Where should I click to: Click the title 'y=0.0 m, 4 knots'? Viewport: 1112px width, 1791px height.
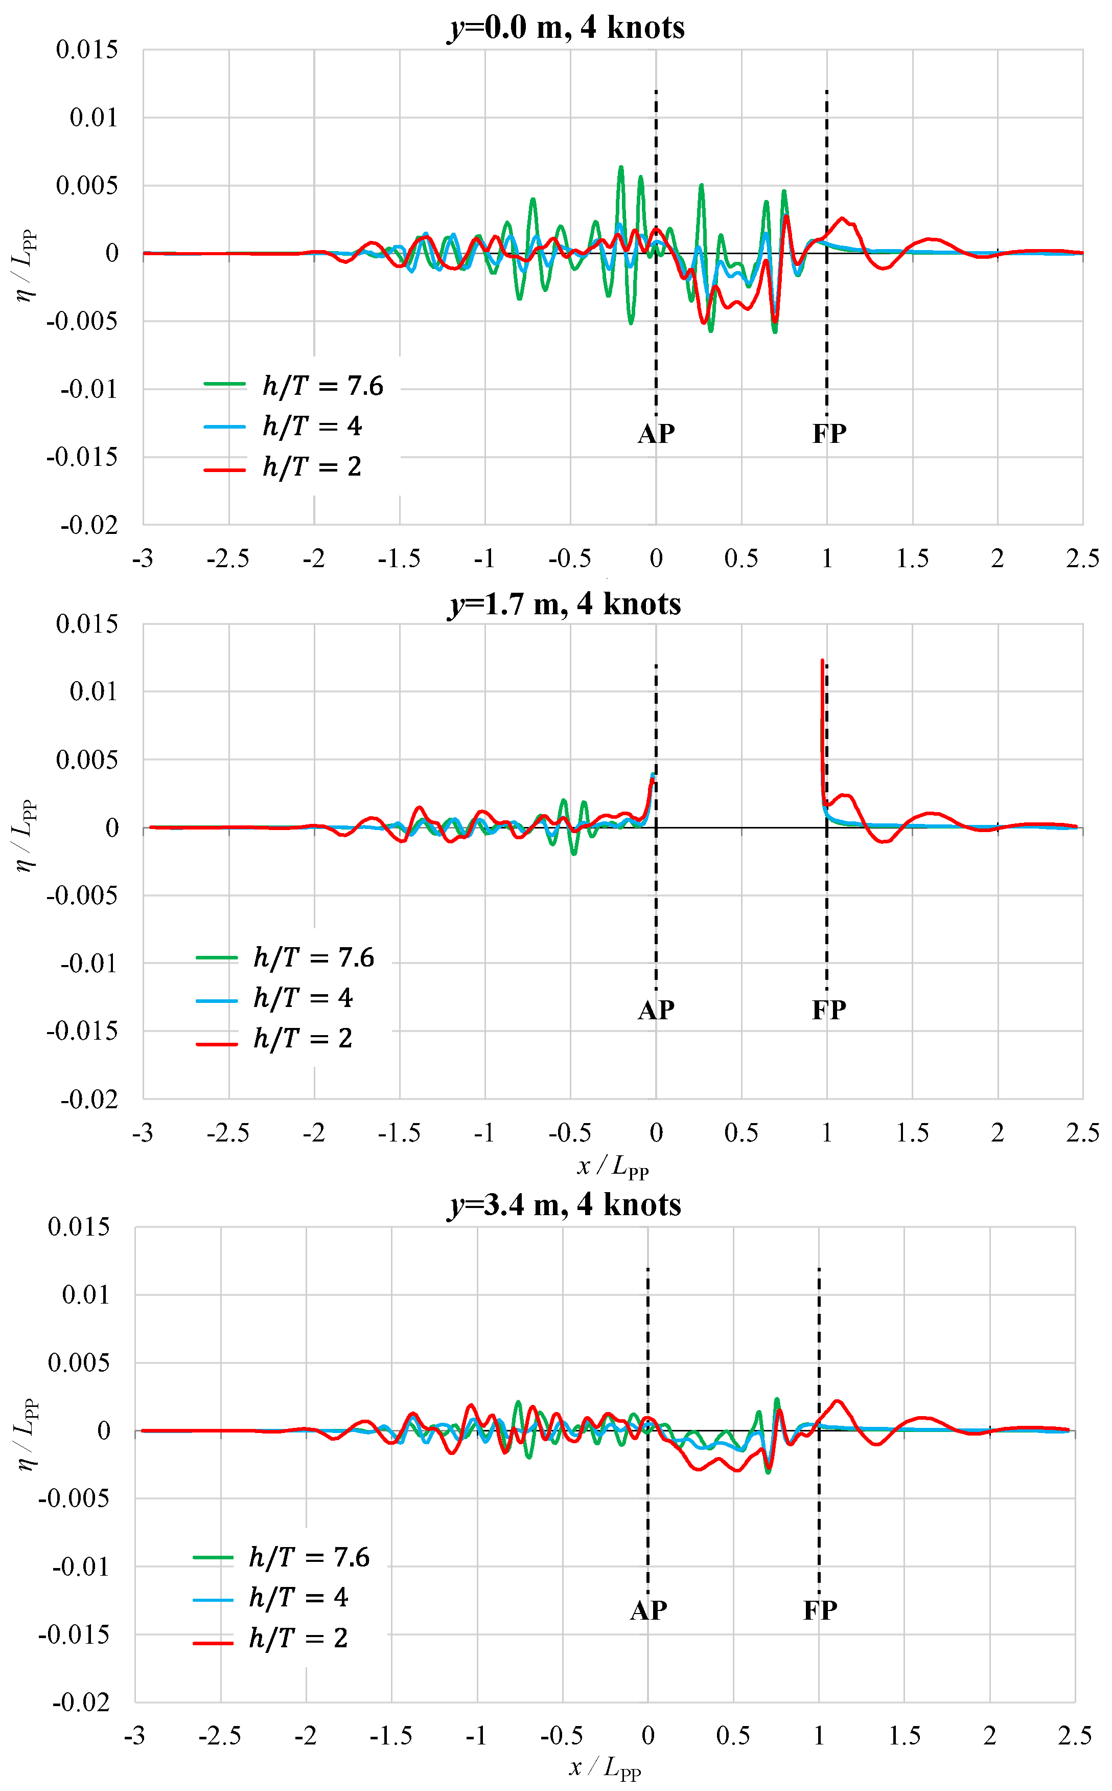pos(566,28)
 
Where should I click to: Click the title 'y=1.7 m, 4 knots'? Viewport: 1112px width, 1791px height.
pos(565,604)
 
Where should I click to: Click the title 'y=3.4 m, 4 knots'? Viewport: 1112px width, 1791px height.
pos(565,1204)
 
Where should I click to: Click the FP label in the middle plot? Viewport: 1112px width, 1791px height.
pos(829,1010)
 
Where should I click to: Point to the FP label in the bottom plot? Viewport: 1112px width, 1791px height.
pos(820,1610)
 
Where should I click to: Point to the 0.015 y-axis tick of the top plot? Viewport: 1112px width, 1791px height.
pos(87,50)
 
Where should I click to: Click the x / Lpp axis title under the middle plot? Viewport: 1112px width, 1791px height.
pos(613,1166)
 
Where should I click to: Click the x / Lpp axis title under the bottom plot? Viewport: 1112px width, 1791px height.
pos(605,1767)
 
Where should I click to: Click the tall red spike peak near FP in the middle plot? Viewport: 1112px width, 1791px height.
pos(822,661)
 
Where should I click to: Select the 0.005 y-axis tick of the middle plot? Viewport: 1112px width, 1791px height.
pos(87,759)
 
